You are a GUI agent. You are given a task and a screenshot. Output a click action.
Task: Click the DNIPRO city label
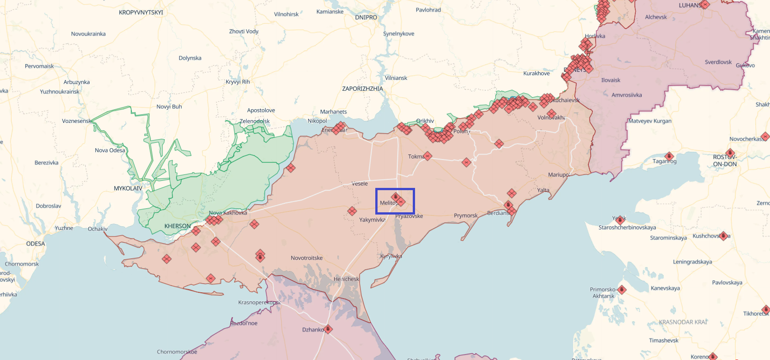[x=366, y=18]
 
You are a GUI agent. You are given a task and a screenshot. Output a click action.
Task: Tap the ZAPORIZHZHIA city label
[x=362, y=89]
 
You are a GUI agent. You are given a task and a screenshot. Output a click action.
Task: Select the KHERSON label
[x=177, y=226]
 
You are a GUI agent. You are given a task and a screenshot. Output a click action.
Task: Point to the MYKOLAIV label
[x=128, y=188]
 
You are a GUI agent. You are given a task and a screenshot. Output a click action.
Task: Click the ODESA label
[x=36, y=244]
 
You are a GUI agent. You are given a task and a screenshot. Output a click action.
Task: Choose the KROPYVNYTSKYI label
[x=141, y=12]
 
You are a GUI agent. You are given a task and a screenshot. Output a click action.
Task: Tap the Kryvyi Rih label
[x=238, y=82]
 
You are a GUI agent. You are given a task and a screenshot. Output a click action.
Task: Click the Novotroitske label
[x=307, y=258]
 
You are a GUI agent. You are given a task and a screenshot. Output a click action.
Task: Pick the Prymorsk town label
[x=466, y=215]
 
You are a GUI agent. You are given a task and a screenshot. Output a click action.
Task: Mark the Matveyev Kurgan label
[x=649, y=121]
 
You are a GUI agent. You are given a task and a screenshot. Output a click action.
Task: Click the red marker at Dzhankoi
[x=328, y=329]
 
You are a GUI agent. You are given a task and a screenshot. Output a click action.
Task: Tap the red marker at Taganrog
[x=669, y=157]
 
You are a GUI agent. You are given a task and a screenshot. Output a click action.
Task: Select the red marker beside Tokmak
[x=428, y=156]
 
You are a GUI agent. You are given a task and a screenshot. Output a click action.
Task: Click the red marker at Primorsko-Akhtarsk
[x=622, y=290]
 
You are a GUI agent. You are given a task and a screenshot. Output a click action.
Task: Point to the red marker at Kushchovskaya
[x=723, y=236]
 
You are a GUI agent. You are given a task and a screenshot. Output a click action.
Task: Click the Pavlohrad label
[x=428, y=10]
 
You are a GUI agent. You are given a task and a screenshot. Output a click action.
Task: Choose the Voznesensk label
[x=76, y=121]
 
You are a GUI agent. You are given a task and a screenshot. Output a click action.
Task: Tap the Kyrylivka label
[x=391, y=256]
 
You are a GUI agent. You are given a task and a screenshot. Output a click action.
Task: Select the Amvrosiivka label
[x=626, y=95]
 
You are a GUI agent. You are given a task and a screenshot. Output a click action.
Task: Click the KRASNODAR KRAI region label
[x=683, y=322]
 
